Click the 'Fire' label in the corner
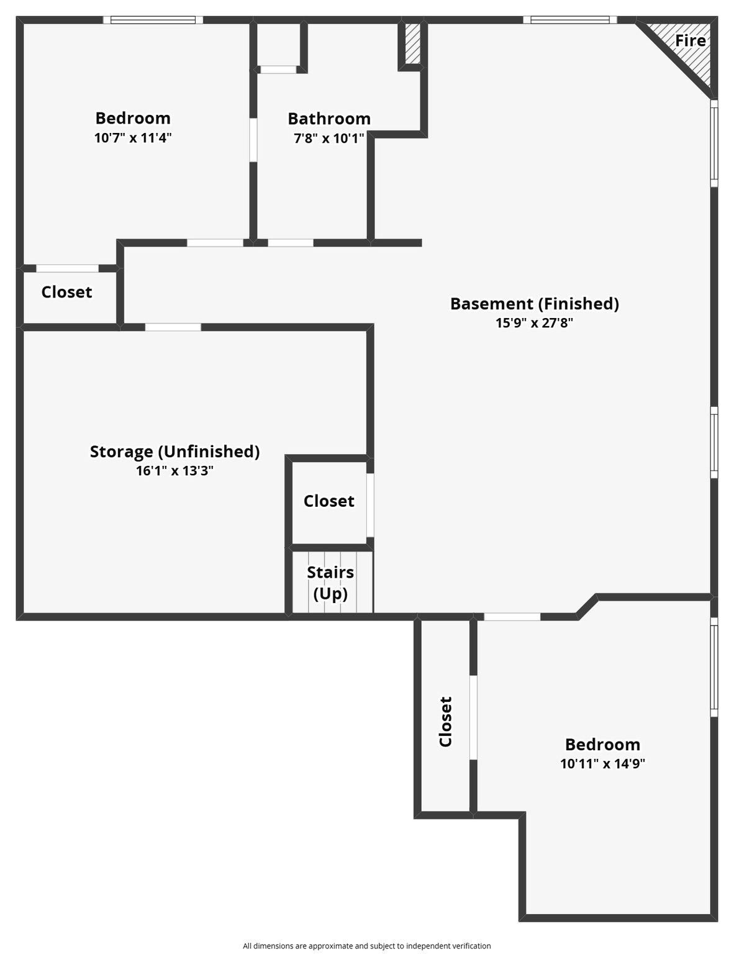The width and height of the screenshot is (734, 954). tap(690, 41)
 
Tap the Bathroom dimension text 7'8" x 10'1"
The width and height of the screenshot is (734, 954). tap(329, 139)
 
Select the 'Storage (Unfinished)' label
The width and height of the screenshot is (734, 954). tap(174, 452)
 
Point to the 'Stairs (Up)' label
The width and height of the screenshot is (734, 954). tap(330, 583)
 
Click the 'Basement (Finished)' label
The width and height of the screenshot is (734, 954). tap(535, 304)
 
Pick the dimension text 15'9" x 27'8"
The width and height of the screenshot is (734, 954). tap(535, 323)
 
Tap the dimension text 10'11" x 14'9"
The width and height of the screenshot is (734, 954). tap(602, 764)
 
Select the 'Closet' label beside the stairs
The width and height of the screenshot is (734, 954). tap(329, 501)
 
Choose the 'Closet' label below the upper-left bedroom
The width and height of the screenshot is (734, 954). tap(66, 292)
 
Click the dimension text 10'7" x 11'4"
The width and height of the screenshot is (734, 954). tap(133, 138)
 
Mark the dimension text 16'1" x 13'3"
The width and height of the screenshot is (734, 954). tap(174, 471)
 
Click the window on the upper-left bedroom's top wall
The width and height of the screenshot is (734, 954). tap(153, 20)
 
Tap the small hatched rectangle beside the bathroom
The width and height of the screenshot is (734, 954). tap(412, 43)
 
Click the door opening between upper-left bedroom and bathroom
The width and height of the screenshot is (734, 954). tap(253, 140)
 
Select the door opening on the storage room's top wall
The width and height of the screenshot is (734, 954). tap(173, 327)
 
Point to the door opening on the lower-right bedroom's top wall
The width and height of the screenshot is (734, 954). tap(512, 617)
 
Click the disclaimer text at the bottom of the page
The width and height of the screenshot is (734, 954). tap(367, 946)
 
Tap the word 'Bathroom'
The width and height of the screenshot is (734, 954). tap(329, 119)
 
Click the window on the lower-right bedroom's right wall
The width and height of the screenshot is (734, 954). tap(714, 667)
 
